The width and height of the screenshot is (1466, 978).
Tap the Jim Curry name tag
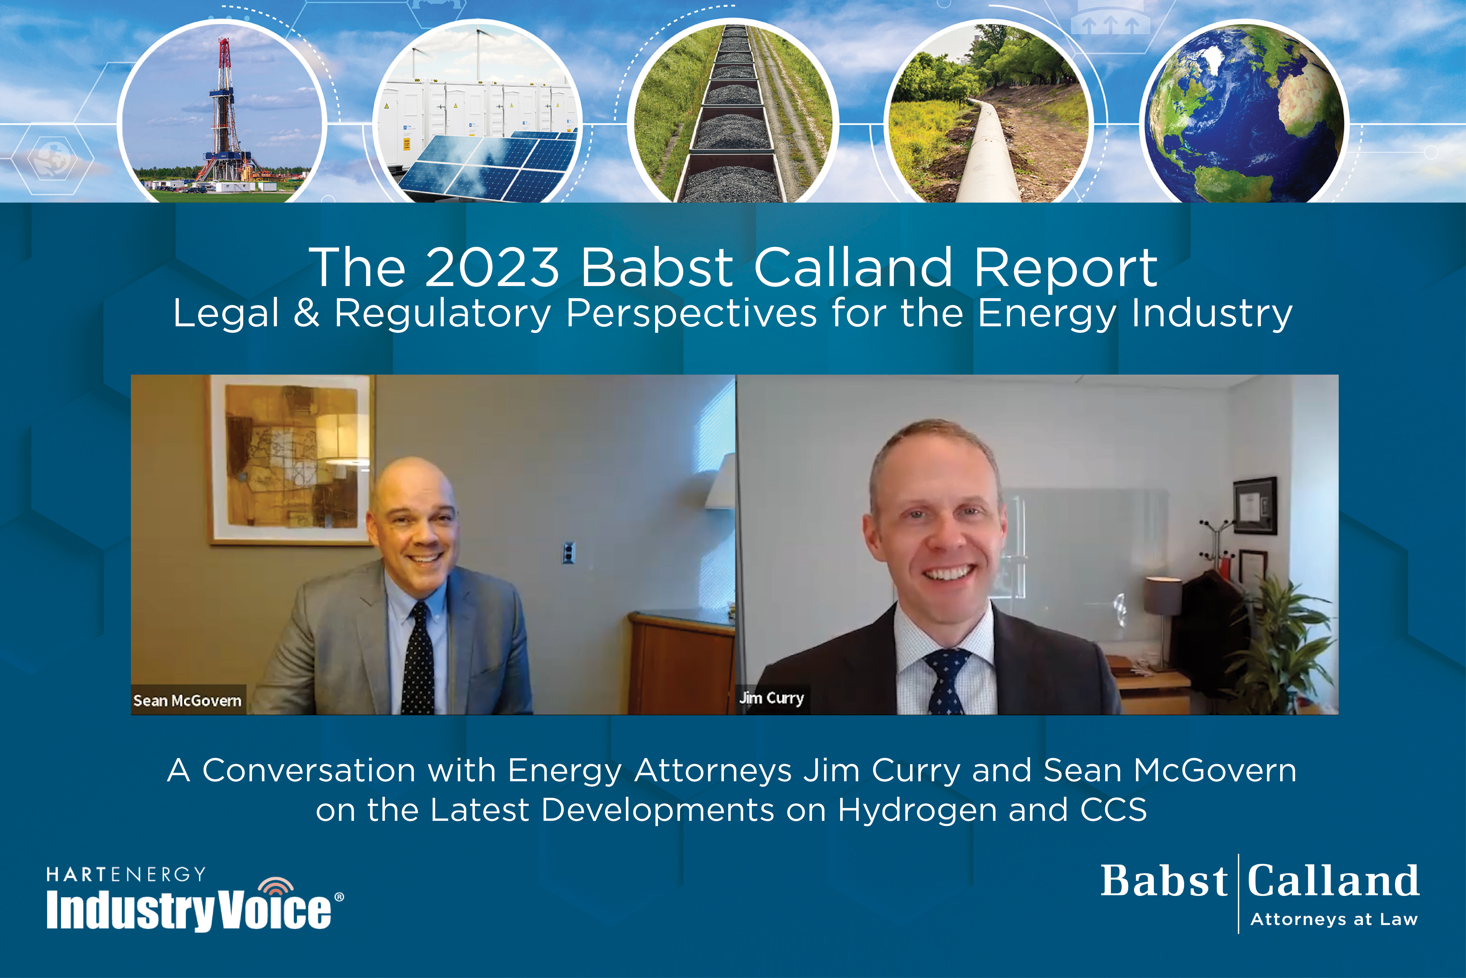click(x=772, y=698)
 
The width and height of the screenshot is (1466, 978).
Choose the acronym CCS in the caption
click(x=1113, y=810)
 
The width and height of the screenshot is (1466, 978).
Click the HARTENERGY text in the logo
click(x=126, y=874)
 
